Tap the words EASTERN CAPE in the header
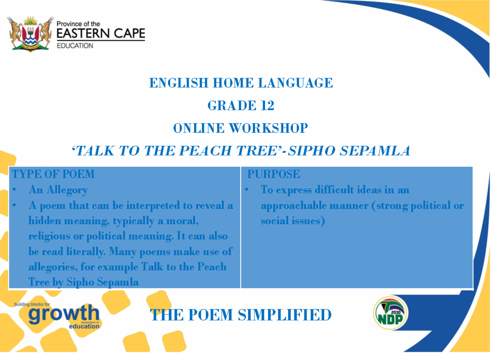pyautogui.click(x=101, y=34)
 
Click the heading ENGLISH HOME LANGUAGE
pyautogui.click(x=241, y=83)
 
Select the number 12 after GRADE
pyautogui.click(x=267, y=106)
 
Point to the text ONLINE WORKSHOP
pyautogui.click(x=241, y=128)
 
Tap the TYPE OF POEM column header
pyautogui.click(x=53, y=174)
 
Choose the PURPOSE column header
pyautogui.click(x=274, y=174)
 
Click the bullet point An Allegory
pyautogui.click(x=58, y=190)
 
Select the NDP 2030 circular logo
pyautogui.click(x=391, y=314)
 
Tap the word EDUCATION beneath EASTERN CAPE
pyautogui.click(x=75, y=46)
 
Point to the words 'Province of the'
pyautogui.click(x=78, y=24)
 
